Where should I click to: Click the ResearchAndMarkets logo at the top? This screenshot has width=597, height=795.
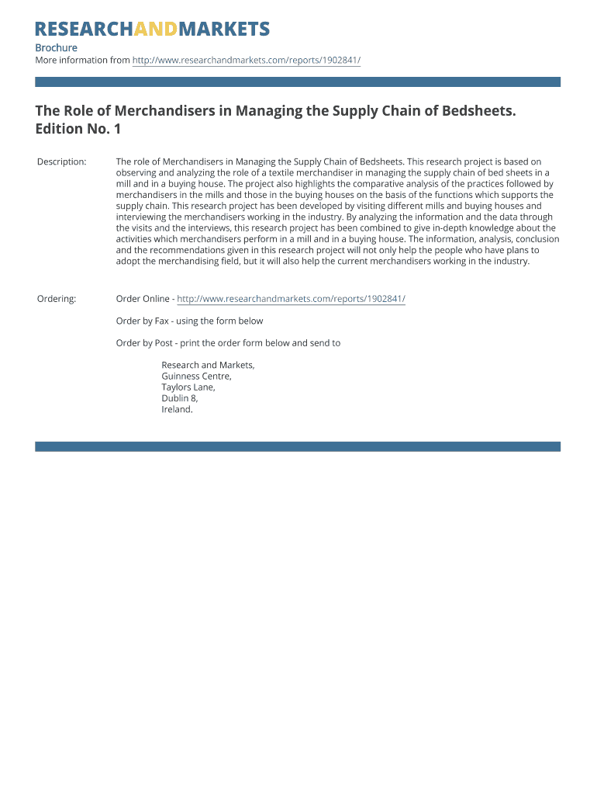[152, 30]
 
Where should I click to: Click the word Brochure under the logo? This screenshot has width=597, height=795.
[56, 48]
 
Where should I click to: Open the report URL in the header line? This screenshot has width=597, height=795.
[247, 61]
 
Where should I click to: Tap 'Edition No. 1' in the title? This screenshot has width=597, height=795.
[78, 129]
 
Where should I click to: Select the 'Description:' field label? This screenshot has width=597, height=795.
[62, 161]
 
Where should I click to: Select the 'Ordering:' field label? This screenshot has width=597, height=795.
[57, 299]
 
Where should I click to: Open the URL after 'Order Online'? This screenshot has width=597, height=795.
[291, 299]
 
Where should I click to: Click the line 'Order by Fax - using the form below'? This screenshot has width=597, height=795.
[189, 321]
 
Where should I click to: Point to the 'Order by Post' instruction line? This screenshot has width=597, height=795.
[228, 342]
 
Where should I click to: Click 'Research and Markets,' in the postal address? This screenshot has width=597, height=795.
[208, 365]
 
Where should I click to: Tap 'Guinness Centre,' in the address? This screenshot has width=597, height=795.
[196, 376]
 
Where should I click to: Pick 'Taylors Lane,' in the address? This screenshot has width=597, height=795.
[188, 387]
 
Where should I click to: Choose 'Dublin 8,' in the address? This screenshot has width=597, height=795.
[180, 397]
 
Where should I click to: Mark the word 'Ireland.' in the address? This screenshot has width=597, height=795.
[177, 409]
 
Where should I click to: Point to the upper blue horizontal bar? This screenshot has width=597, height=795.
[298, 82]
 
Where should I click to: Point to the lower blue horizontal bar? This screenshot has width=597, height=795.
[298, 446]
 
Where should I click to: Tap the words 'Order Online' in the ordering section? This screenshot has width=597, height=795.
[143, 299]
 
